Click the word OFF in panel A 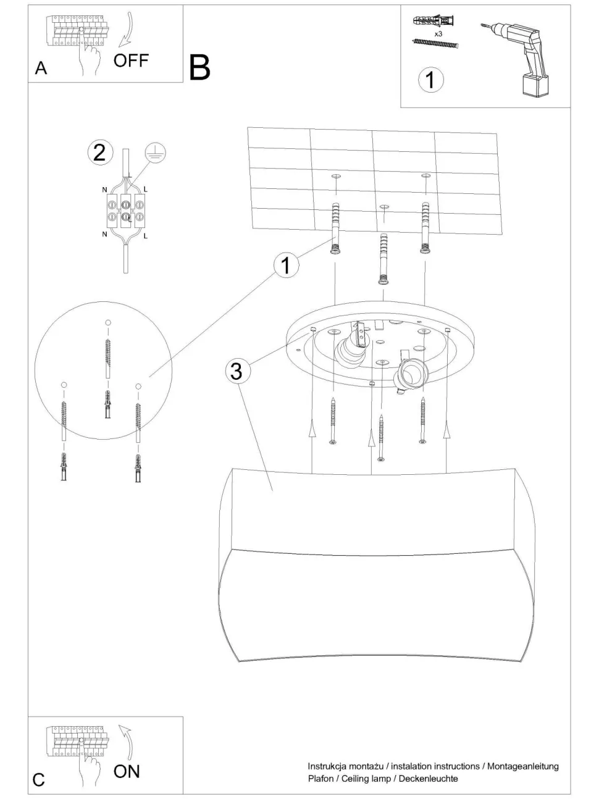pos(131,61)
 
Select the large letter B pos(200,68)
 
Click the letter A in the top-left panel pos(41,68)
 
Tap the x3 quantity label pos(438,34)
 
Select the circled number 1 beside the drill pos(430,80)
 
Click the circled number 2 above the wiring pos(100,153)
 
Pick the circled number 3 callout pos(237,371)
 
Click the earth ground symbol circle pos(156,153)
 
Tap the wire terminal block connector pos(125,211)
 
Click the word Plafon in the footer pos(320,776)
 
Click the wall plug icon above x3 pos(434,20)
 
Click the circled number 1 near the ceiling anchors pos(286,266)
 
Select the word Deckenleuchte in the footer pos(429,776)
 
